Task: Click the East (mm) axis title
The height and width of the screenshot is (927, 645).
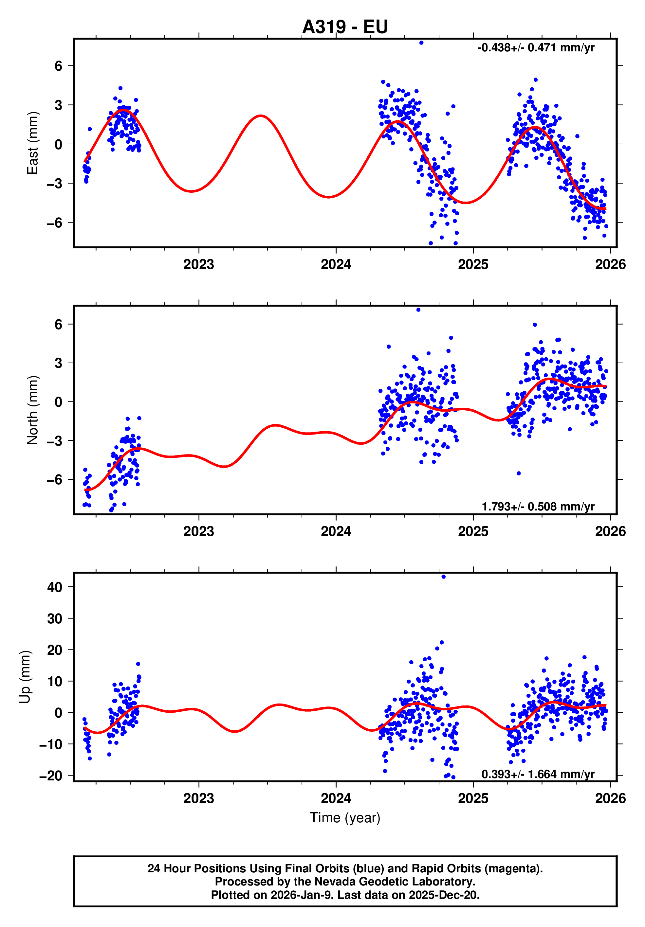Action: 32,143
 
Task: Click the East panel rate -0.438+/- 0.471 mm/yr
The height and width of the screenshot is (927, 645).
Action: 536,48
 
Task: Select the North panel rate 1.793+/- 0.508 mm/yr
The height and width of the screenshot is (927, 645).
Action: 538,506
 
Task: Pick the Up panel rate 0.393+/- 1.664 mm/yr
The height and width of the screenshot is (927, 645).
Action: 538,774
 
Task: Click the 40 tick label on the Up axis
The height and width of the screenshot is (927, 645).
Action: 55,587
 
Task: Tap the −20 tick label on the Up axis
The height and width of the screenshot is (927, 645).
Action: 50,775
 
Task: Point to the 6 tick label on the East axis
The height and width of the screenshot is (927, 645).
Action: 59,66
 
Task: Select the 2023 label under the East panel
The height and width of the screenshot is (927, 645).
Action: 199,264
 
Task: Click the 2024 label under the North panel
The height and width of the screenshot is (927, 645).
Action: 336,531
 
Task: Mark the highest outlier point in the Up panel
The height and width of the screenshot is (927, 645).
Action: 443,577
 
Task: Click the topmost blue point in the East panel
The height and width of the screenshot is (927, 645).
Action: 421,43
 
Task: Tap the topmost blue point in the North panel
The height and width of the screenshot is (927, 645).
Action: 418,310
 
